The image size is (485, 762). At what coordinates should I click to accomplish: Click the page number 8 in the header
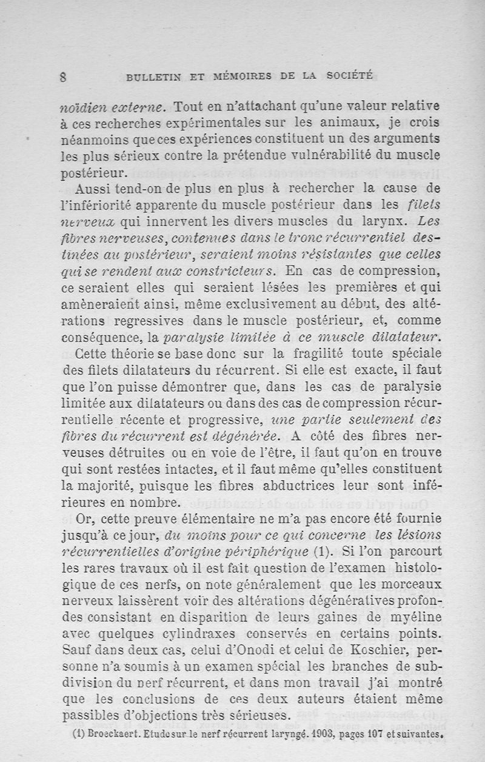[64, 76]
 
